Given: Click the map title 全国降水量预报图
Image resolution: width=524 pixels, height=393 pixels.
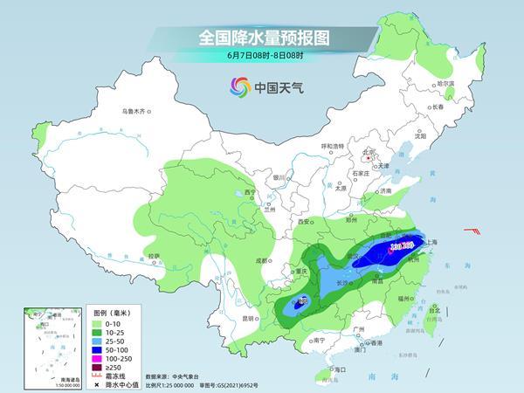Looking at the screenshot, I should (262, 38).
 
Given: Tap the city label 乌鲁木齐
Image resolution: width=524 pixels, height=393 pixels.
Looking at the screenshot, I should (136, 111).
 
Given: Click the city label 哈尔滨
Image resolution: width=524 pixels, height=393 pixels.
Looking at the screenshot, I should (446, 84).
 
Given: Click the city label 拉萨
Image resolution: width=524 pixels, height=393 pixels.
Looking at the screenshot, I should (154, 255).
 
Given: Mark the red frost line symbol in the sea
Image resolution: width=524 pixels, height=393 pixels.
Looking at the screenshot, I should (473, 231).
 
